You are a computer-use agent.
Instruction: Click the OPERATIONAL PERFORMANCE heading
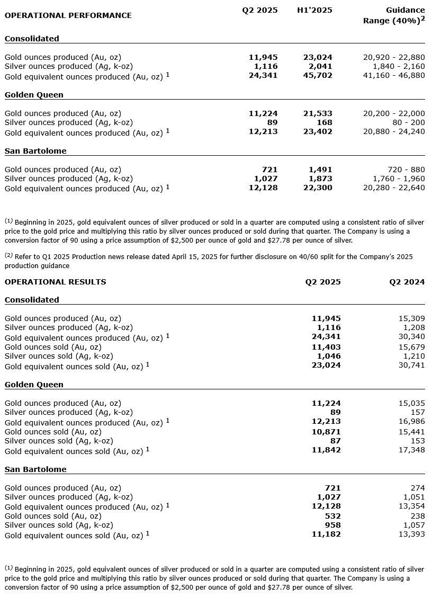68,15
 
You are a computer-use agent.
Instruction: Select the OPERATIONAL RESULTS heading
55,282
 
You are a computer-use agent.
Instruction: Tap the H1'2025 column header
314,10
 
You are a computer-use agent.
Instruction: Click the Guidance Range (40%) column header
394,15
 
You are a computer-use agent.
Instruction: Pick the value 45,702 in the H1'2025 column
320,75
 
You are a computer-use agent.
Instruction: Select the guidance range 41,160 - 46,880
394,75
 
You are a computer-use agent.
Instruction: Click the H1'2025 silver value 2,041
322,66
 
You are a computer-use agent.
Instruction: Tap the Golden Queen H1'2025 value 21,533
320,113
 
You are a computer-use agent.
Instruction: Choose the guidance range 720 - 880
406,170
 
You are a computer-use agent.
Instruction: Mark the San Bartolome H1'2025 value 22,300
320,188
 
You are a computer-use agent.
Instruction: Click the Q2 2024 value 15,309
411,318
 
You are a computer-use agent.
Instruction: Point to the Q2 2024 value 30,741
411,365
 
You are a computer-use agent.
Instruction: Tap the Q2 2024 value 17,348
411,450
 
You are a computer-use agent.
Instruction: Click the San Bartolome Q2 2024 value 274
418,488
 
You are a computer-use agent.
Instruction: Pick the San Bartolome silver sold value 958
332,525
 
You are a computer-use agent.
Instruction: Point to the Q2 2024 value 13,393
411,535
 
